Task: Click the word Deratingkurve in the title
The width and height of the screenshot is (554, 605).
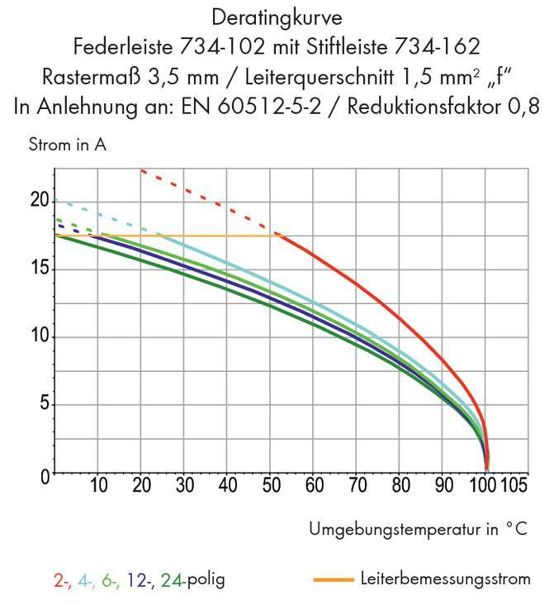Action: click(x=277, y=17)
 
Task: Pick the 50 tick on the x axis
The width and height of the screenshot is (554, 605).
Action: click(x=271, y=485)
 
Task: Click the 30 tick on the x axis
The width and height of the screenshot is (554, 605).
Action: click(x=184, y=485)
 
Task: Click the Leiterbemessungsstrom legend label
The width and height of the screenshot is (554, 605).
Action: click(x=445, y=579)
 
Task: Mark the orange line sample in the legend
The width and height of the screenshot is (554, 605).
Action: click(x=334, y=579)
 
